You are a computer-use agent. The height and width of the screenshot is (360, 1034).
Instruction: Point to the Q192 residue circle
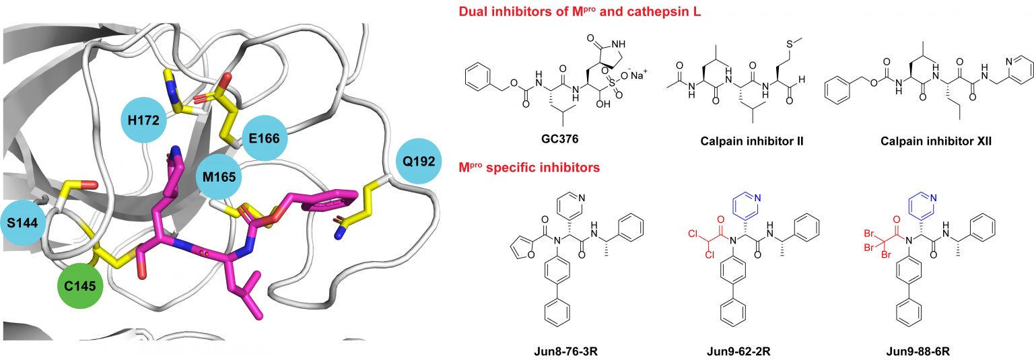419,162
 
